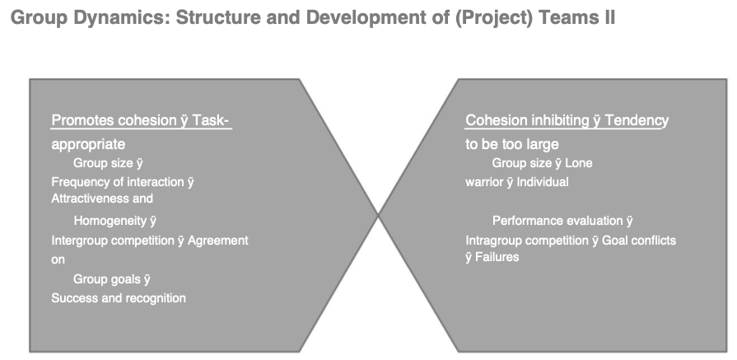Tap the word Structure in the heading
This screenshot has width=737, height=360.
(217, 17)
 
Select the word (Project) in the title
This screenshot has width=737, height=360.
(493, 18)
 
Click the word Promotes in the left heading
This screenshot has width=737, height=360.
(82, 120)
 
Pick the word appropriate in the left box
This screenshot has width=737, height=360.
(88, 144)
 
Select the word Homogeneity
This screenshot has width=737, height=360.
(110, 221)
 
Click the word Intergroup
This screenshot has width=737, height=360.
(80, 241)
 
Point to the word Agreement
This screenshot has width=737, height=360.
(218, 241)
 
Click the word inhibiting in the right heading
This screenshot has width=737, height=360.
(560, 120)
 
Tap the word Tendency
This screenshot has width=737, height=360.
(637, 121)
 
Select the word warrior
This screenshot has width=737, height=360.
(484, 182)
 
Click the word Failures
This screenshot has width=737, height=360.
(497, 257)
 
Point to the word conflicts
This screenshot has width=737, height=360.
(652, 241)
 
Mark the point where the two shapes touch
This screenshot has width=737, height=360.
(378, 215)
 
